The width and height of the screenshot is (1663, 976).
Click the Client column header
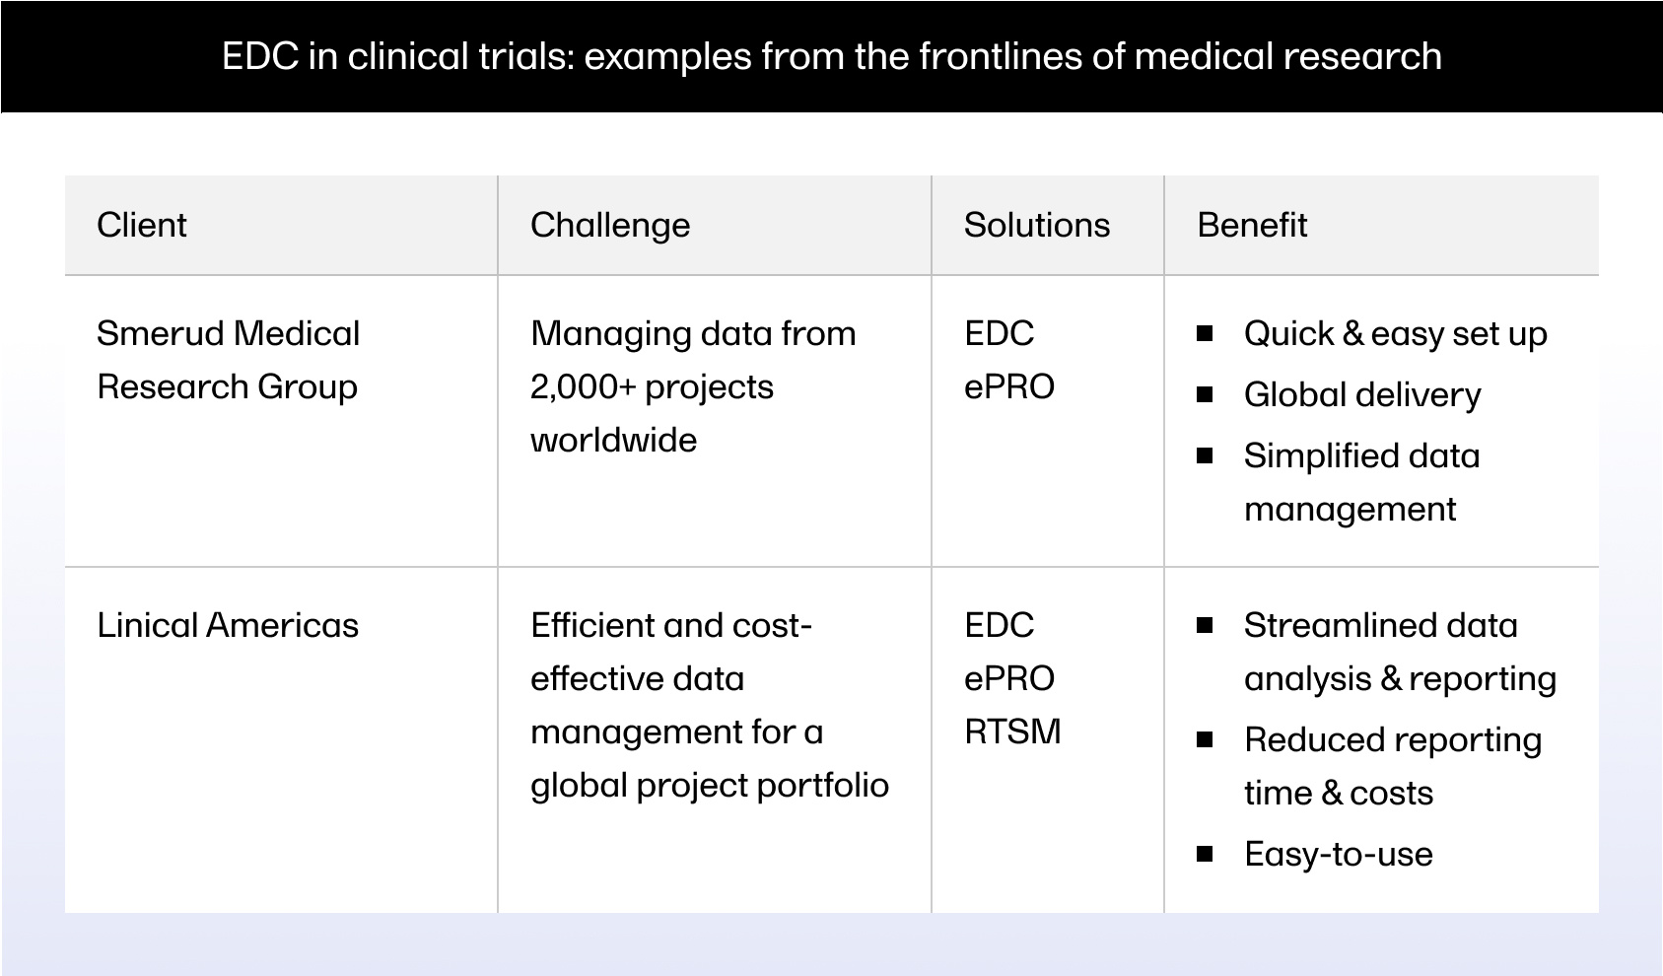(142, 226)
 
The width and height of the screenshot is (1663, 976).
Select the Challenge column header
(610, 226)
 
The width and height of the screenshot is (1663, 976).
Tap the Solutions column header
(1037, 226)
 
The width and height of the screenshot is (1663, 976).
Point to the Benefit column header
(1252, 226)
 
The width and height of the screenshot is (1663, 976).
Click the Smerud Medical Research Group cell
(228, 360)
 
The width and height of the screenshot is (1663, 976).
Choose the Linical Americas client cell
(228, 626)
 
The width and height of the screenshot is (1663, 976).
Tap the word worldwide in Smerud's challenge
(613, 441)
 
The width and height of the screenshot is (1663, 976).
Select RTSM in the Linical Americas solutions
(1012, 732)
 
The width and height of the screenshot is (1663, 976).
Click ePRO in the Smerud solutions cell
(1008, 387)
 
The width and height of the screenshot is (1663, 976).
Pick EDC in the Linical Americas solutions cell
(999, 626)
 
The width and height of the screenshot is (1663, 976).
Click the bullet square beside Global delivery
(1205, 395)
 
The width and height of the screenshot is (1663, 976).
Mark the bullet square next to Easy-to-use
(1205, 854)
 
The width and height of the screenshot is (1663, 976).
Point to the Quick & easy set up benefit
(1395, 334)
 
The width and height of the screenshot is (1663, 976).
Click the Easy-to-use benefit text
(1338, 854)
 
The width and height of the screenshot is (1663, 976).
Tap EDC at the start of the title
(259, 56)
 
